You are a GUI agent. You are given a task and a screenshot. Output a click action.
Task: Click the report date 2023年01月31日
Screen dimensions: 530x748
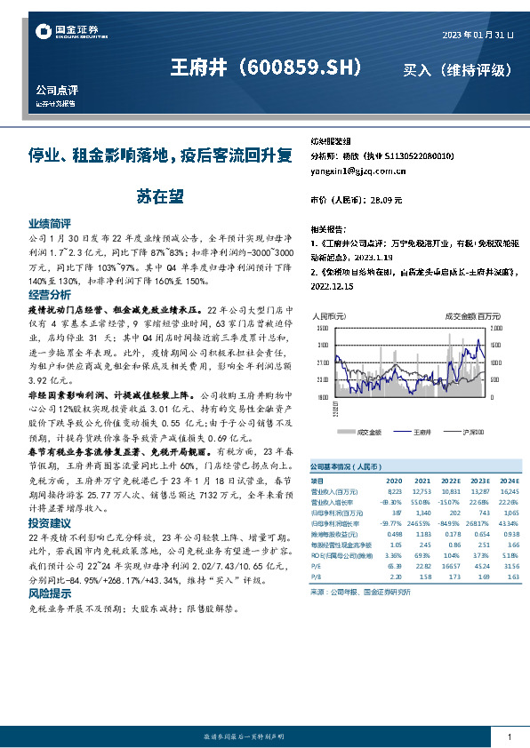[478, 35]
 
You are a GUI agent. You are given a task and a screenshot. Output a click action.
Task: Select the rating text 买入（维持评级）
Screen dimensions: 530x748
[456, 69]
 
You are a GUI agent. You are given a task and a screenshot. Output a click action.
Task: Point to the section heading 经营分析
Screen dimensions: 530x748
[50, 294]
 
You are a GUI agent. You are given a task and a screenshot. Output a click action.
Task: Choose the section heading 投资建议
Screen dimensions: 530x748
[50, 524]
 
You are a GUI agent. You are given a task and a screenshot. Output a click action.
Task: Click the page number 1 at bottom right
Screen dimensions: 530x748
[509, 737]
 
